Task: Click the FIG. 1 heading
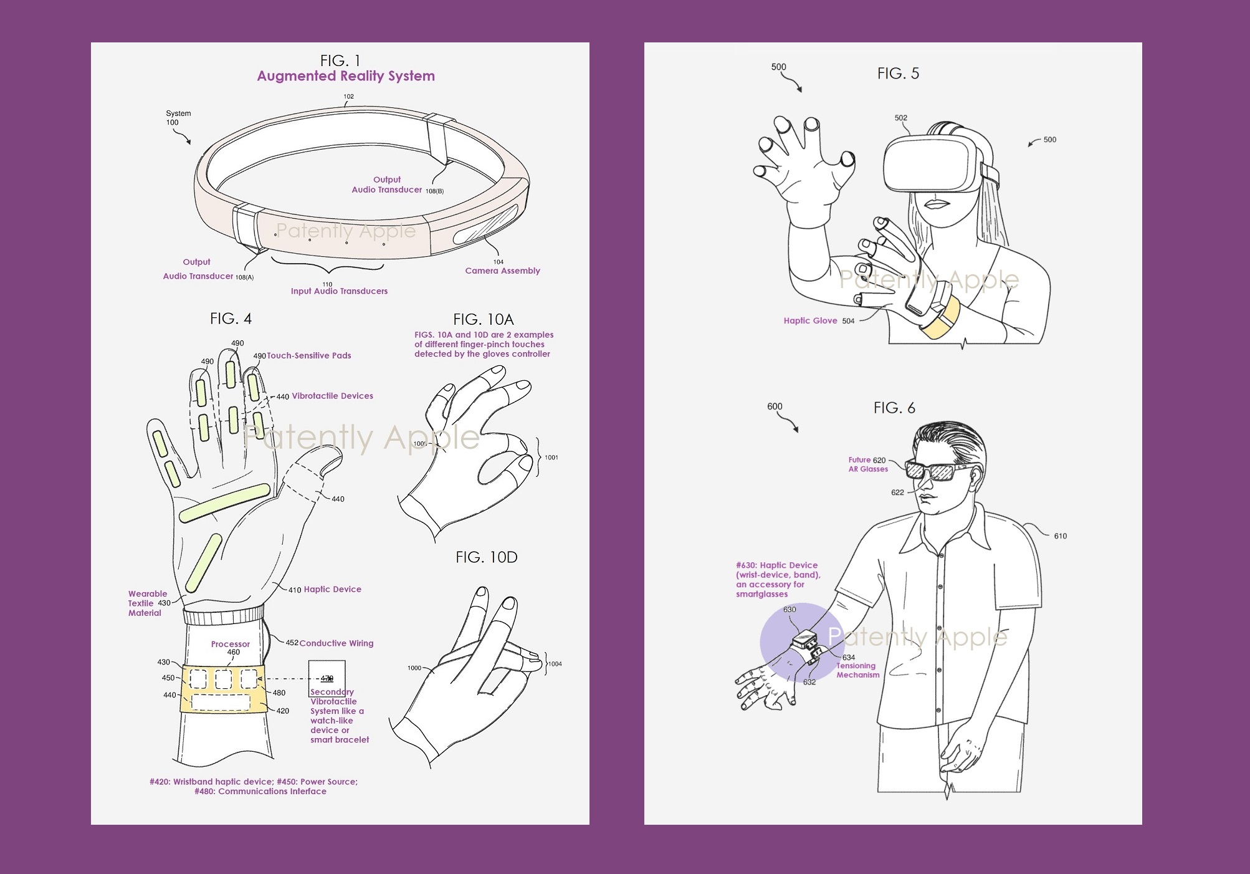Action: click(340, 60)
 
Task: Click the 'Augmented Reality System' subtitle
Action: click(346, 76)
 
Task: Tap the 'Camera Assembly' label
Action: click(502, 271)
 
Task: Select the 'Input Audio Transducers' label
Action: click(339, 291)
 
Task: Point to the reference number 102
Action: click(348, 97)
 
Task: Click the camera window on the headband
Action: click(486, 225)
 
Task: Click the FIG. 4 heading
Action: click(231, 319)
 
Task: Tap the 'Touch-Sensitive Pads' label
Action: click(309, 356)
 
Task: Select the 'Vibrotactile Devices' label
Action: click(332, 396)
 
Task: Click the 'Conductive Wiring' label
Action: click(336, 643)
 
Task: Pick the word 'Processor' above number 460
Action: click(230, 644)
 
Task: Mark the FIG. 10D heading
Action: click(486, 557)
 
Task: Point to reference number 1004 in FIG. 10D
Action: click(555, 664)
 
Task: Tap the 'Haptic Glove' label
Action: click(810, 321)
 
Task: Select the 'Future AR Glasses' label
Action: click(867, 464)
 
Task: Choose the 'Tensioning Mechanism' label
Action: click(857, 670)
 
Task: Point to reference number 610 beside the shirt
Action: click(1060, 536)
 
